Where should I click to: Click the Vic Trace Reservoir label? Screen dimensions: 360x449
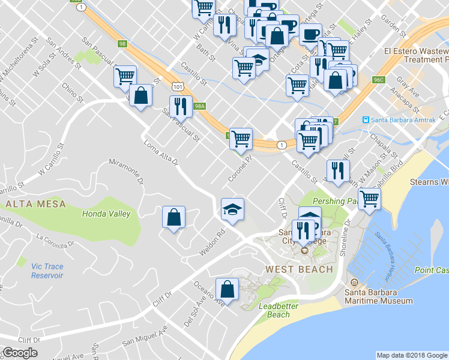(47, 271)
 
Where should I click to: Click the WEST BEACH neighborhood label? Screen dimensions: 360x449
(300, 269)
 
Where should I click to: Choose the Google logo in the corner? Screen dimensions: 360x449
(20, 353)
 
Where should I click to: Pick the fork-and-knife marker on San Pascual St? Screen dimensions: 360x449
(181, 107)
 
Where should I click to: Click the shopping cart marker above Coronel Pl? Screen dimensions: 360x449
(241, 139)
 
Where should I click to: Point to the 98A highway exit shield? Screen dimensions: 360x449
(200, 106)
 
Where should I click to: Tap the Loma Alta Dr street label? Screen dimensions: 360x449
(161, 152)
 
